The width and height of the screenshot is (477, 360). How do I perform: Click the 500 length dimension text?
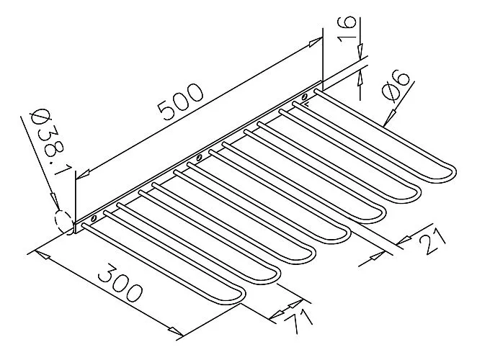(x=180, y=102)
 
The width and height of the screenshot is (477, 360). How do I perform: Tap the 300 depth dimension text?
(x=120, y=284)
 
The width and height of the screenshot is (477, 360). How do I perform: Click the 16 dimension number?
(x=347, y=30)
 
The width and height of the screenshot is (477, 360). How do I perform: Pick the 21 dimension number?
(x=432, y=242)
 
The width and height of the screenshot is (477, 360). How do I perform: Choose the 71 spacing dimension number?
(x=299, y=322)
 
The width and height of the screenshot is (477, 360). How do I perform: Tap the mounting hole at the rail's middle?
(x=199, y=158)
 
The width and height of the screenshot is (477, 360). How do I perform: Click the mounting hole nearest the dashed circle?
(x=93, y=218)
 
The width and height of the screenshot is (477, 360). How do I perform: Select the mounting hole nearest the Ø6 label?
(x=304, y=97)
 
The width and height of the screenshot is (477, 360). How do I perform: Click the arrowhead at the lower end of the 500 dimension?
(x=82, y=175)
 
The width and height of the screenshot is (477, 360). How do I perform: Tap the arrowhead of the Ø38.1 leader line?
(x=54, y=200)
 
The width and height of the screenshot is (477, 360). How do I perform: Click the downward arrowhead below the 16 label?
(x=360, y=50)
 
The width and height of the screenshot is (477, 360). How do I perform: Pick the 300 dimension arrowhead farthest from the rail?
(x=177, y=331)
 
